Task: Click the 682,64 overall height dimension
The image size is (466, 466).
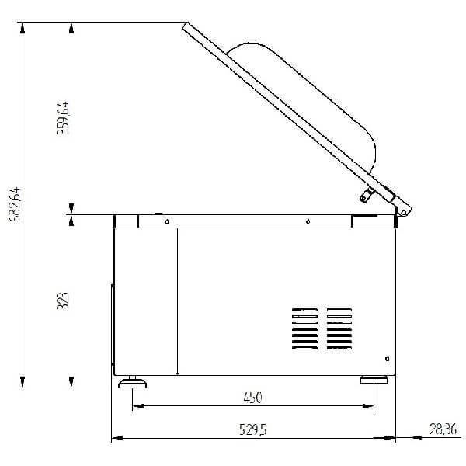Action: [14, 204]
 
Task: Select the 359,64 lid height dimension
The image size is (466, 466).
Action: [63, 118]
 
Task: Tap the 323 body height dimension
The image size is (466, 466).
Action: [63, 301]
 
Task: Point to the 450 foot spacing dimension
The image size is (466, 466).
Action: [253, 398]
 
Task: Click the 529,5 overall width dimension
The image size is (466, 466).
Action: [253, 429]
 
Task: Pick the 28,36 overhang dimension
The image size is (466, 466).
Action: [443, 429]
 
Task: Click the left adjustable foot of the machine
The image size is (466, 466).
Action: [132, 382]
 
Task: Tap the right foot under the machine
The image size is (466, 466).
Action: [374, 380]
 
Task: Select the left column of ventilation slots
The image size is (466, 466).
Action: [304, 329]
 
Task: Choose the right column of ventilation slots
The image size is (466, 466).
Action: [339, 329]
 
